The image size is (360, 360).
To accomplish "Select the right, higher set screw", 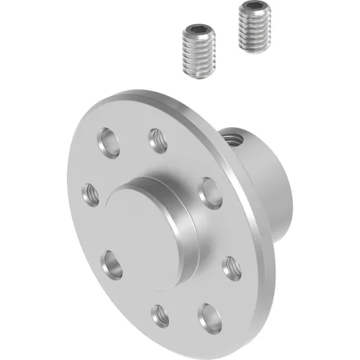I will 254,28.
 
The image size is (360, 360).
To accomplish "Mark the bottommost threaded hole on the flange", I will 159,314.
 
